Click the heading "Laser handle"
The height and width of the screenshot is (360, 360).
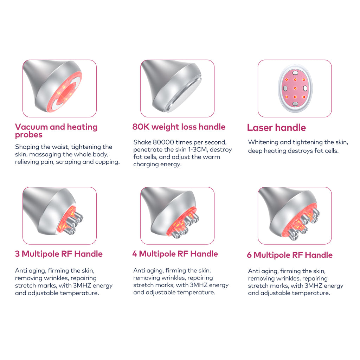tap(276, 127)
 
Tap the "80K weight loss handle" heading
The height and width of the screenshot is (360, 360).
tap(179, 127)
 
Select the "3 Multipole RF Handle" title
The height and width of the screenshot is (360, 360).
tap(59, 254)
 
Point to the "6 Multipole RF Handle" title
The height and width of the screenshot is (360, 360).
tap(290, 255)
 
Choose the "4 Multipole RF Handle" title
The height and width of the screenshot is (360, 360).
tap(175, 254)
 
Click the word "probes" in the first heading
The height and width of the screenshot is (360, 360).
tap(29, 135)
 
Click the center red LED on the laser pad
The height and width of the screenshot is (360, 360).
tap(295, 88)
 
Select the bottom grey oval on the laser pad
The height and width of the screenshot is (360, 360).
tap(295, 104)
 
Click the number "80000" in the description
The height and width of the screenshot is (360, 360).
tap(163, 142)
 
